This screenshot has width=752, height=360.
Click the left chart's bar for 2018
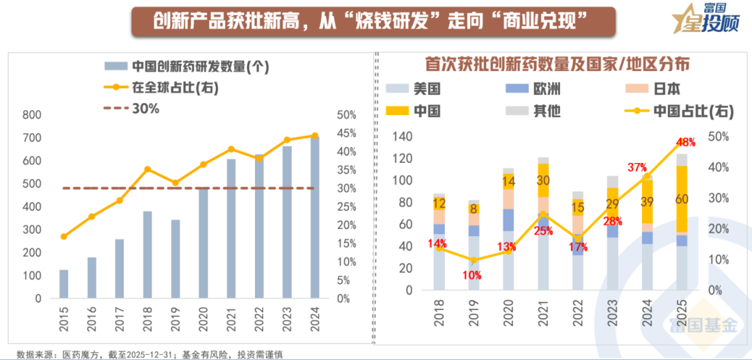(147, 254)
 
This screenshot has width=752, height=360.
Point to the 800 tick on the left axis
(32, 115)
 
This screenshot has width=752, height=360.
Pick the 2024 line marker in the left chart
(315, 136)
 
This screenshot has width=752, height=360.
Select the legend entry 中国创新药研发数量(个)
(186, 67)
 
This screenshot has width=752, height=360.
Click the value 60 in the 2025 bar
(682, 200)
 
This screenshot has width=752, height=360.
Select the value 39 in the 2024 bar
(648, 201)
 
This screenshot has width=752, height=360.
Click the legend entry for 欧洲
(535, 89)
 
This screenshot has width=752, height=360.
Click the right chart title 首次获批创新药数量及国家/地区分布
(557, 64)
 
